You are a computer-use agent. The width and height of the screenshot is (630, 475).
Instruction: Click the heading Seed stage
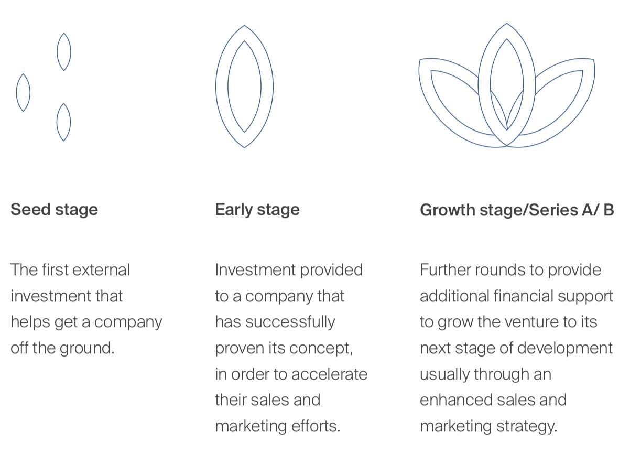(54, 210)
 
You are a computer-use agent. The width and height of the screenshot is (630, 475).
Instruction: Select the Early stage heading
(257, 210)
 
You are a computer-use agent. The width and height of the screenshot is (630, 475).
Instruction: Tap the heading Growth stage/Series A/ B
(517, 210)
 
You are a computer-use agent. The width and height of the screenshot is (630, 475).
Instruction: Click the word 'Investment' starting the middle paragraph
(255, 270)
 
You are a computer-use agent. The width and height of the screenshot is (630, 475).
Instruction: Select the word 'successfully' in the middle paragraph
(290, 322)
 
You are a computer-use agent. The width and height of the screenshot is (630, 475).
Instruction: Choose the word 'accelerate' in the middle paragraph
(330, 374)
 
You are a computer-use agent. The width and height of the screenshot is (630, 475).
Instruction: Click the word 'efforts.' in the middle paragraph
(316, 426)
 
